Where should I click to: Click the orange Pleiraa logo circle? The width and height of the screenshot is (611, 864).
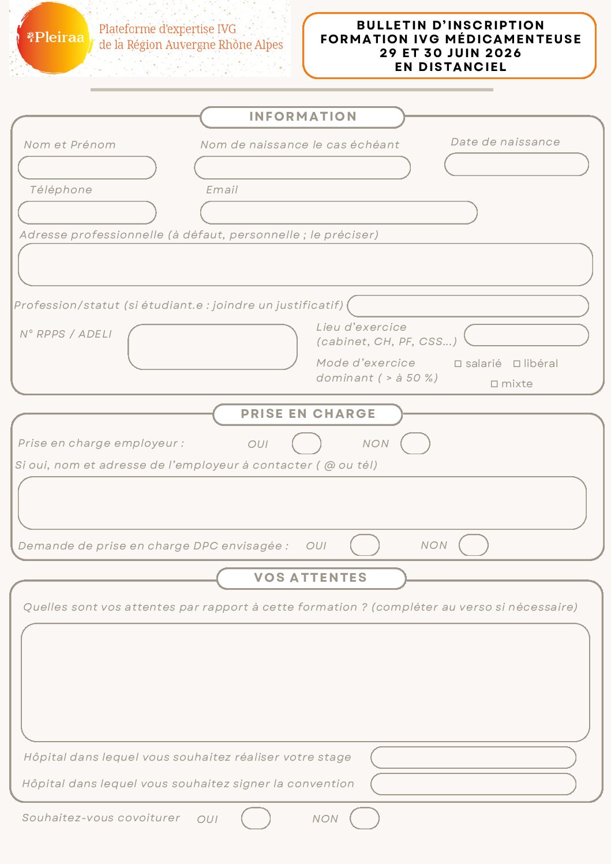[x=53, y=38]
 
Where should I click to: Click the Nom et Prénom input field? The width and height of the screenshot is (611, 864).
[x=87, y=168]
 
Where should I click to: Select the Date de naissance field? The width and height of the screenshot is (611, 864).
[x=516, y=164]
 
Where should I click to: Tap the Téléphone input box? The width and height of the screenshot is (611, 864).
[x=87, y=213]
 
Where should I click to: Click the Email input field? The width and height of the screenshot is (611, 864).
[x=339, y=213]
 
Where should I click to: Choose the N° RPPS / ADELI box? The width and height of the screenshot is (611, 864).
[x=212, y=347]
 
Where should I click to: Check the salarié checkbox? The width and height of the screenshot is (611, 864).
[x=458, y=364]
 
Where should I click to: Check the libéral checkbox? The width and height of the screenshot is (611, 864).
[x=517, y=364]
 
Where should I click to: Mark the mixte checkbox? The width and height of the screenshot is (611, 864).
[x=494, y=384]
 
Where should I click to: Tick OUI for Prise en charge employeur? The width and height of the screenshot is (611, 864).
[x=306, y=444]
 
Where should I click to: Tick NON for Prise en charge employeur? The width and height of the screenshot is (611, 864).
[x=415, y=444]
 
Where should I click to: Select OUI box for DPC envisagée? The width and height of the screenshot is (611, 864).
[x=365, y=545]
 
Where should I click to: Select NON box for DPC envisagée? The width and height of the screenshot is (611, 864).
[x=474, y=545]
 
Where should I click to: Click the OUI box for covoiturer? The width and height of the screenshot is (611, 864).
[x=256, y=818]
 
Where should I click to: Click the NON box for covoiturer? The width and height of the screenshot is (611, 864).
[x=365, y=818]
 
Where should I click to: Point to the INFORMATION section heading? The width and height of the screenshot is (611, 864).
[x=303, y=117]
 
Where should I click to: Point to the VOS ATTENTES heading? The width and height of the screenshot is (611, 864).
[x=311, y=578]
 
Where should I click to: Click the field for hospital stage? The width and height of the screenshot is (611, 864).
[x=473, y=758]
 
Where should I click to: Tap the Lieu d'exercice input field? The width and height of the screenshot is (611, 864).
[x=526, y=335]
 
